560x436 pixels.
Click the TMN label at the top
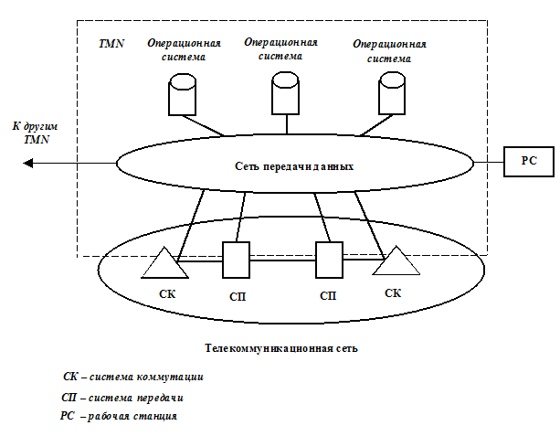coord(111,43)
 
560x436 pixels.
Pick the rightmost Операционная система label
coord(389,50)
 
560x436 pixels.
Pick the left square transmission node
coord(237,260)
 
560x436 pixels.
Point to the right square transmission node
coord(329,260)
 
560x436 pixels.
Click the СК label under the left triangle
coord(167,294)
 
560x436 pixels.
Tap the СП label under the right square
coord(329,297)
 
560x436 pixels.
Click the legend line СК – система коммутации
coord(133,377)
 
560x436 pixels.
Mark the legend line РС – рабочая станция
coord(119,417)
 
